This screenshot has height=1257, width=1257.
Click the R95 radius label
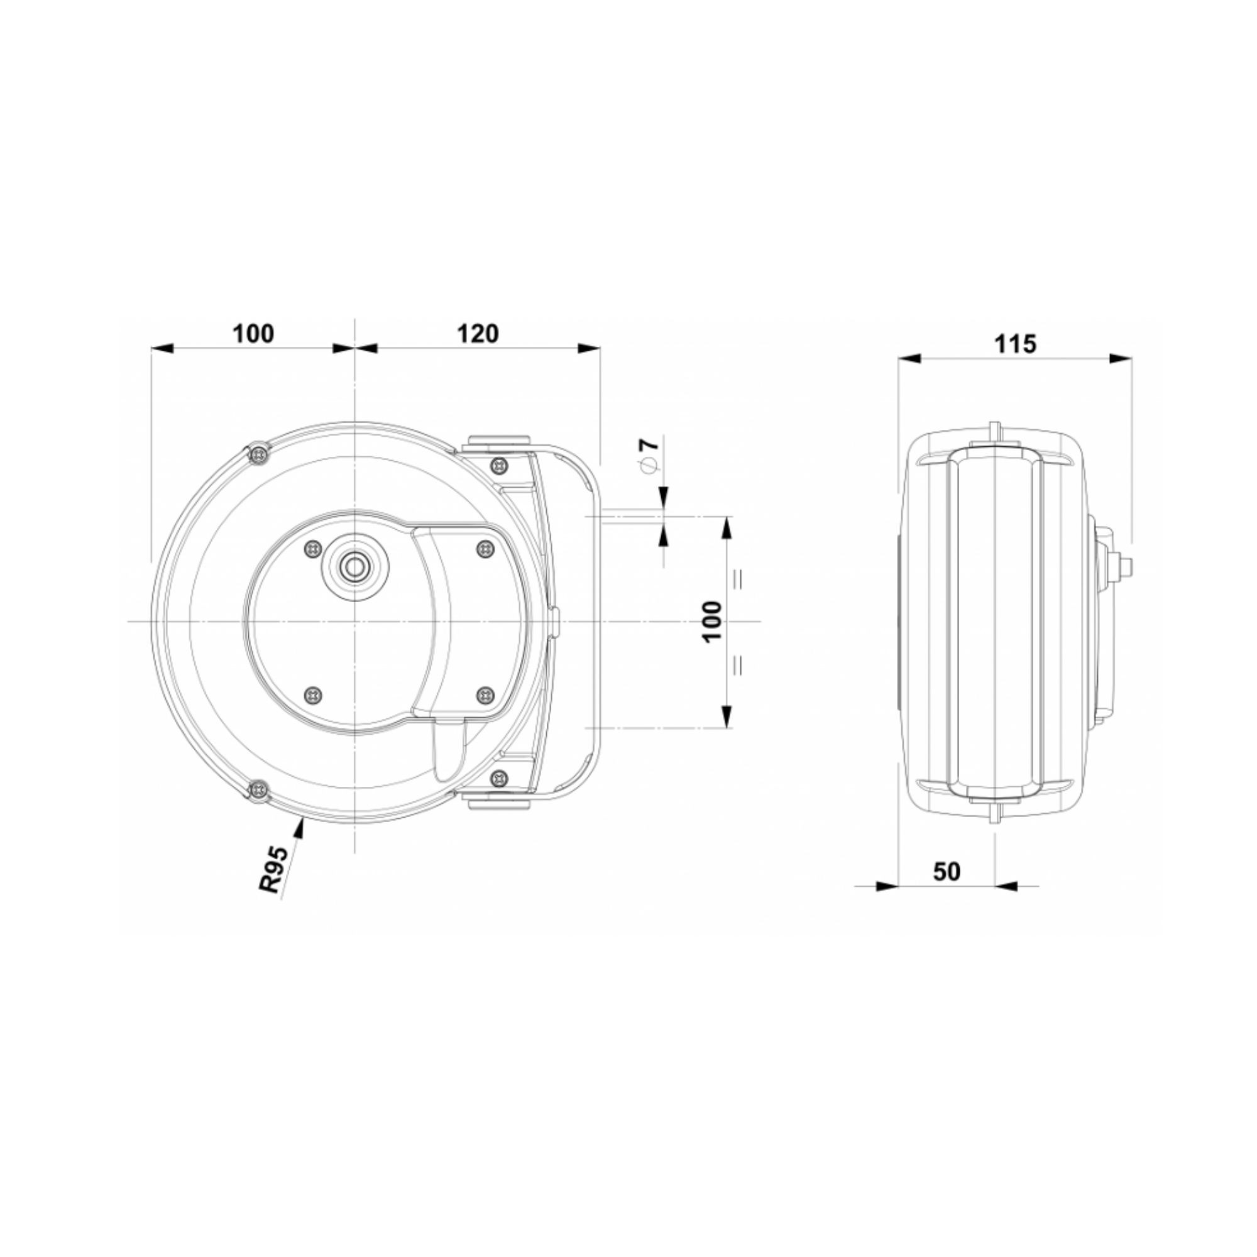tap(273, 869)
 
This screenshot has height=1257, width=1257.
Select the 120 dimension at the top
tap(478, 334)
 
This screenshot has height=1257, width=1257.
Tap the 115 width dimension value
tap(1016, 344)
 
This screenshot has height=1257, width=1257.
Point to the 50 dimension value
tap(947, 872)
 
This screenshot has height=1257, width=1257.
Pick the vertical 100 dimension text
tap(713, 622)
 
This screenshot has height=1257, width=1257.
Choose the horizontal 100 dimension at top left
tap(253, 334)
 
